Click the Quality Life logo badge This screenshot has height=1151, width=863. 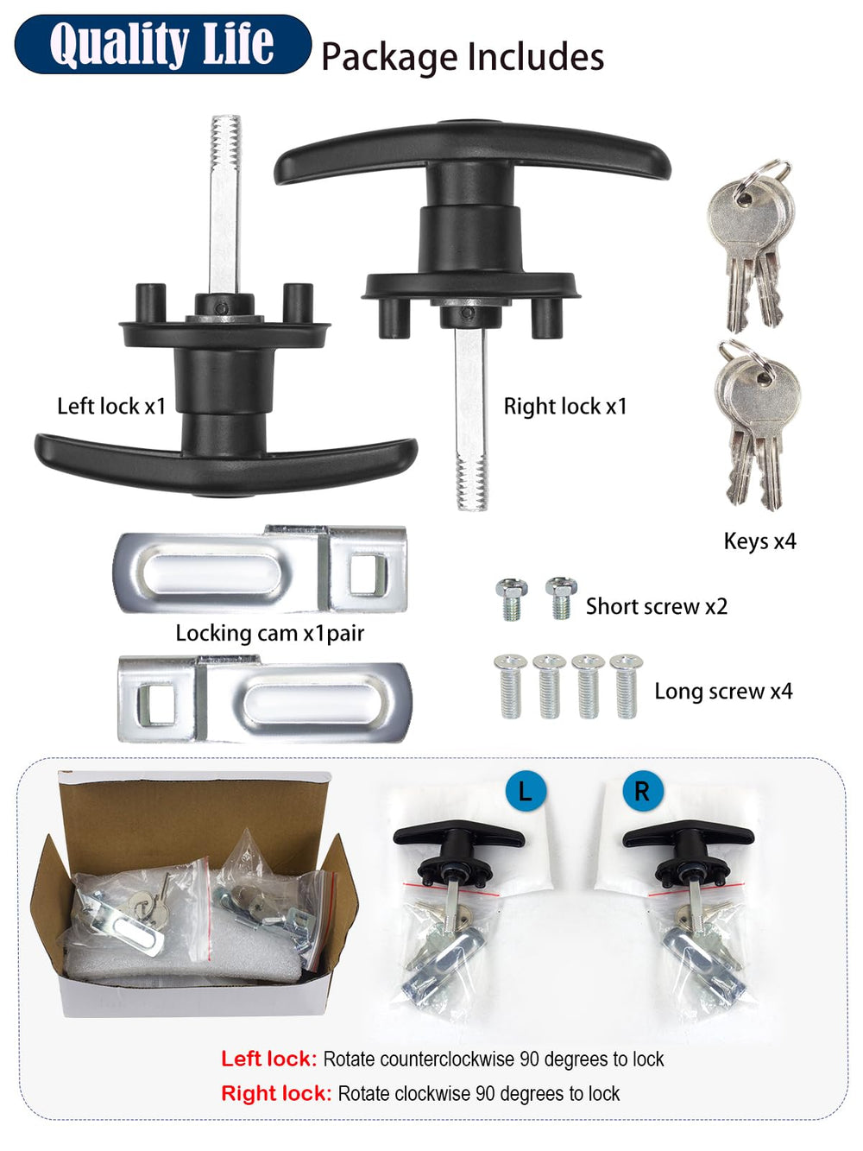click(163, 44)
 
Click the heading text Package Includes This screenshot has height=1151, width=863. click(463, 57)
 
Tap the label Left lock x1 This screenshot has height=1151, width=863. click(111, 406)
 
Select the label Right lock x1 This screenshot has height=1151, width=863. click(565, 406)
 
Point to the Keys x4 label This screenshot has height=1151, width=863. click(759, 541)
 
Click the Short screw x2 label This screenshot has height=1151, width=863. click(657, 606)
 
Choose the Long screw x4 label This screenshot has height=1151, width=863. click(723, 691)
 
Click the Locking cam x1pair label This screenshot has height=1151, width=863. click(270, 634)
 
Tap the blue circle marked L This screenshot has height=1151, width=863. click(526, 791)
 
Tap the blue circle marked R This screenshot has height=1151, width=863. click(643, 791)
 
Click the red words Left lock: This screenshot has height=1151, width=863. click(268, 1059)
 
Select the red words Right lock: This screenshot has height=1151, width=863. click(276, 1093)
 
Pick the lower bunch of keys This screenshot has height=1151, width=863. click(758, 425)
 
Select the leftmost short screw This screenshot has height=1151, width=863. click(512, 599)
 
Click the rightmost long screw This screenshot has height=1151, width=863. click(627, 686)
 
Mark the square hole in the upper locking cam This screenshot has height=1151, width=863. click(369, 573)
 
